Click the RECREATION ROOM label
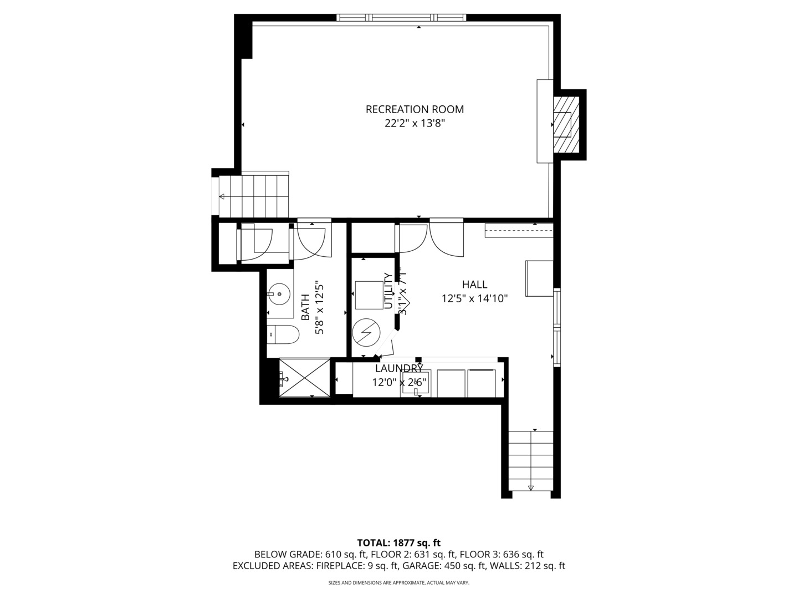[x=415, y=109]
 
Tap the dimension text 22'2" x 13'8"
[x=415, y=124]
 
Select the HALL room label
[x=474, y=285]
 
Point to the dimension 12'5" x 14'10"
[x=474, y=299]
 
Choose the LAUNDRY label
[x=399, y=368]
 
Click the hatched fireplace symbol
[x=566, y=124]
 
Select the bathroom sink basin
[x=280, y=294]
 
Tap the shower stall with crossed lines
[x=304, y=377]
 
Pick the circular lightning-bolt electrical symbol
[x=366, y=332]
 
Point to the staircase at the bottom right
[x=531, y=460]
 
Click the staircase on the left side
[x=254, y=196]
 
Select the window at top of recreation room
[x=402, y=18]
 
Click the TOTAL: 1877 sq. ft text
[x=398, y=542]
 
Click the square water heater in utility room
[x=369, y=295]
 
